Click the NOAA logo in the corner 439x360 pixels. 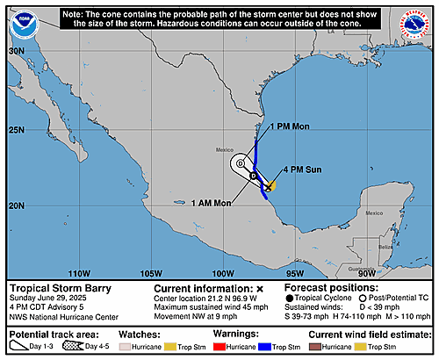(x=24, y=25)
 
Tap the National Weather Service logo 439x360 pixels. (x=414, y=25)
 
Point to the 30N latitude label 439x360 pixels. (x=16, y=51)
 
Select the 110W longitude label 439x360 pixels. (x=80, y=272)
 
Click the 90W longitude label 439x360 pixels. (x=367, y=272)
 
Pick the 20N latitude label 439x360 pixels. (x=16, y=205)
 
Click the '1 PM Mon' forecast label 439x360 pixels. (x=290, y=126)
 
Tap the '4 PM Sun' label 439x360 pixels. (x=299, y=169)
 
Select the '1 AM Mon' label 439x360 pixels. (x=212, y=203)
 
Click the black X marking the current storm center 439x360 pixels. (x=268, y=186)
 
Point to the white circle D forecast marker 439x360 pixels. (x=241, y=163)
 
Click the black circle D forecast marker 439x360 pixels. (x=253, y=176)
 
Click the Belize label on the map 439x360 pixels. (x=384, y=248)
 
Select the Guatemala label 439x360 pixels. (x=359, y=268)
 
